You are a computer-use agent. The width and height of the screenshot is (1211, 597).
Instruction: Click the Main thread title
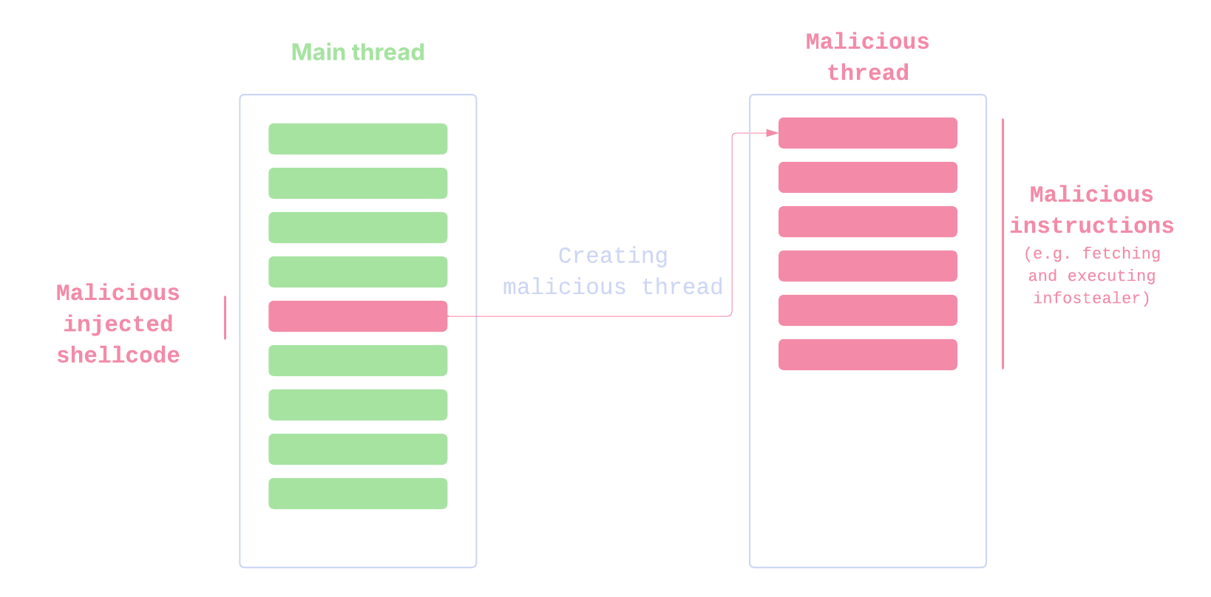pos(358,52)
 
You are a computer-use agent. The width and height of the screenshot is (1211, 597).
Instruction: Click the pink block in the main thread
pos(358,316)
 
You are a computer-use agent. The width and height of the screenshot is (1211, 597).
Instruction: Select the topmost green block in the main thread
pos(358,139)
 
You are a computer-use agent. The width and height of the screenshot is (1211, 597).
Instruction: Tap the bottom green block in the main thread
pos(358,494)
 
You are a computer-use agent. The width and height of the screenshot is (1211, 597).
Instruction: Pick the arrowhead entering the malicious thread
pos(772,133)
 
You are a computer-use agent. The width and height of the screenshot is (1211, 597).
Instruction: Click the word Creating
pos(613,256)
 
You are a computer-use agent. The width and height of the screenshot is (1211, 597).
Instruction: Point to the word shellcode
pos(118,355)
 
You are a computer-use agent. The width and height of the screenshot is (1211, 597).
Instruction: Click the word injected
pos(118,324)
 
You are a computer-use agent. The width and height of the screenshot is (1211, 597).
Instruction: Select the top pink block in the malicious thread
pos(868,133)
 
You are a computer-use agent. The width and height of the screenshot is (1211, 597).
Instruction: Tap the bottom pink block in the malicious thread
pos(868,355)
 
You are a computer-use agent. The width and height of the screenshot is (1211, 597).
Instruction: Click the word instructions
pos(1092,225)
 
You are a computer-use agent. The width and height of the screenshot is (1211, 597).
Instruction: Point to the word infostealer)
pos(1092,298)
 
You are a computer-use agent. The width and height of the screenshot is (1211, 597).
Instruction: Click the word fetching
pos(1122,253)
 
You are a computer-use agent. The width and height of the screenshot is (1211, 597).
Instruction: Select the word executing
pos(1111,276)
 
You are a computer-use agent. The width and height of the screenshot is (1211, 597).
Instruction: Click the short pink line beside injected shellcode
pos(225,318)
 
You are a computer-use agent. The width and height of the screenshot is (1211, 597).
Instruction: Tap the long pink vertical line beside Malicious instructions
pos(1003,244)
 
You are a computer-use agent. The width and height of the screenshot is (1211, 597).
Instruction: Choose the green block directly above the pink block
pos(358,272)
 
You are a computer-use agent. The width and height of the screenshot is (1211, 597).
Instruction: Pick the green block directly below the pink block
pos(358,361)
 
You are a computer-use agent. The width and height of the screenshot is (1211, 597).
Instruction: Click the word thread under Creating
pos(682,287)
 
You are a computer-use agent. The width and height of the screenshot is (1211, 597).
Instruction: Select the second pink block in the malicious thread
pos(868,177)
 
